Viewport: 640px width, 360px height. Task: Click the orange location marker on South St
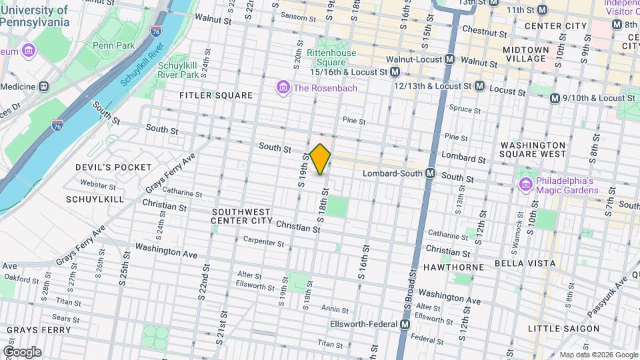point(320,159)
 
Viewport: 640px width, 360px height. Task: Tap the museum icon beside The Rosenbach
point(283,88)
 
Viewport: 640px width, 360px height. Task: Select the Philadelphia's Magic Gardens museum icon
point(525,183)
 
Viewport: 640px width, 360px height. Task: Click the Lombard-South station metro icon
point(431,173)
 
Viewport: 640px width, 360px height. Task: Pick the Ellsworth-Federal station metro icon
point(405,325)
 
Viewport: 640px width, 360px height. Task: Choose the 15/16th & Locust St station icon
point(395,71)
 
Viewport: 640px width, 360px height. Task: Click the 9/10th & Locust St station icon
point(555,98)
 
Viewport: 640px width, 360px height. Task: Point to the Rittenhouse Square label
point(331,58)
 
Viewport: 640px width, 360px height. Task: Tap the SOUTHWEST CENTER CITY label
point(242,215)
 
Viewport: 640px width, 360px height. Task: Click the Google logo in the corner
point(22,351)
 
